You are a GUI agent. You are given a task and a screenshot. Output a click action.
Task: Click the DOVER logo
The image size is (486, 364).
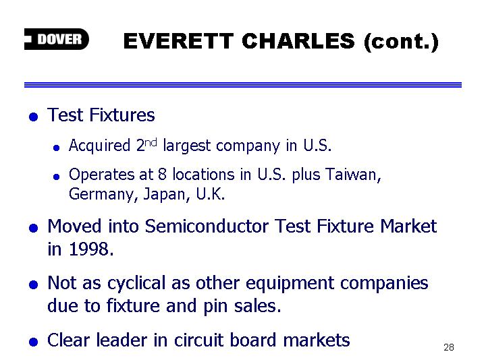(57, 39)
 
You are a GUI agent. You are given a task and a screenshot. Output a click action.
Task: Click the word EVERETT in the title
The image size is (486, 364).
(178, 41)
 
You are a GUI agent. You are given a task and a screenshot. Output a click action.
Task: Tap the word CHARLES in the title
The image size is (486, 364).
(298, 41)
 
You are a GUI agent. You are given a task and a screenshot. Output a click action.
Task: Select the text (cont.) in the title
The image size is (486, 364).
(402, 42)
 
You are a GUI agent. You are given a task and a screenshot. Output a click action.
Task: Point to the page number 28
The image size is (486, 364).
(449, 347)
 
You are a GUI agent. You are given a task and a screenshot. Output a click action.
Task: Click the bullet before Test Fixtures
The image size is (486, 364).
(33, 117)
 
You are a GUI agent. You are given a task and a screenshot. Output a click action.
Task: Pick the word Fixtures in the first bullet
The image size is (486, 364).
(122, 115)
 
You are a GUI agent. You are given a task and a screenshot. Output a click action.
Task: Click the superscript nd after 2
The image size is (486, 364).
(151, 143)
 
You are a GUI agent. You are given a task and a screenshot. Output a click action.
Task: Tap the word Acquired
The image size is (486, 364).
(99, 146)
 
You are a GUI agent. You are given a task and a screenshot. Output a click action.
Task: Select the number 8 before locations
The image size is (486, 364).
(162, 175)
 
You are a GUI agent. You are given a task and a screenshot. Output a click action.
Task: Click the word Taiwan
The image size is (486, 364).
(353, 175)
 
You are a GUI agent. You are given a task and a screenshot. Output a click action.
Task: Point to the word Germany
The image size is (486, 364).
(101, 195)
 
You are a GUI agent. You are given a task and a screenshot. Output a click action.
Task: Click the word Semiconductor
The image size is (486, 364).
(207, 226)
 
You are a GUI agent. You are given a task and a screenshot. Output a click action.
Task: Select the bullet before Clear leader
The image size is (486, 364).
(33, 342)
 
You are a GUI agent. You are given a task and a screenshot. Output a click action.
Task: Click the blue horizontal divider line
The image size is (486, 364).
(243, 85)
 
